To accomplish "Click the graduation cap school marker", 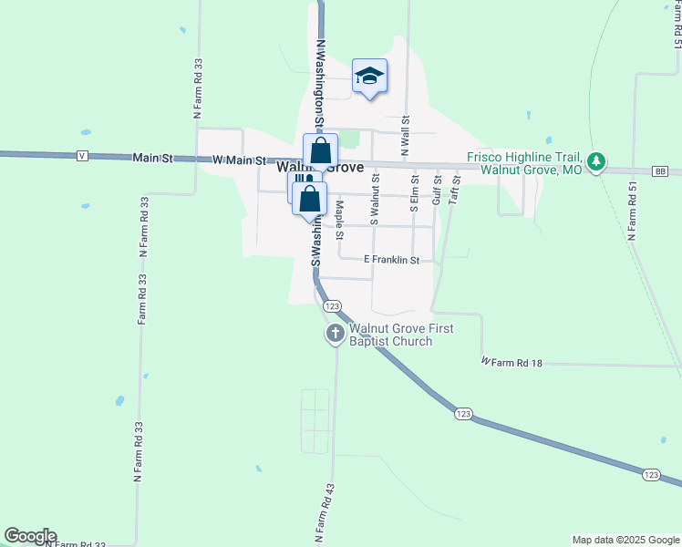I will [x=369, y=76].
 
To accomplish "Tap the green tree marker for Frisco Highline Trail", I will [x=596, y=162].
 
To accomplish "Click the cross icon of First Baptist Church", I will [x=335, y=335].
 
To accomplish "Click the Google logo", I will [x=30, y=536].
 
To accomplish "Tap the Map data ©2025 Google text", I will [x=625, y=540].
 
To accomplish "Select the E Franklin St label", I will [x=390, y=260].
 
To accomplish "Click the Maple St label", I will [x=339, y=220].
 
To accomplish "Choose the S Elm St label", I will [x=413, y=193].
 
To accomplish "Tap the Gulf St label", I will [x=436, y=189].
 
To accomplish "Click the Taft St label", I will [x=457, y=189].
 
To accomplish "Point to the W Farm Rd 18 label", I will [x=511, y=362].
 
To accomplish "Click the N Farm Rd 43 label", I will [x=322, y=513].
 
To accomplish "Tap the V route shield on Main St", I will [x=83, y=156].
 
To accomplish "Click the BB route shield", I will [x=661, y=171].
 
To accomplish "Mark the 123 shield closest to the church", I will [x=332, y=306].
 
